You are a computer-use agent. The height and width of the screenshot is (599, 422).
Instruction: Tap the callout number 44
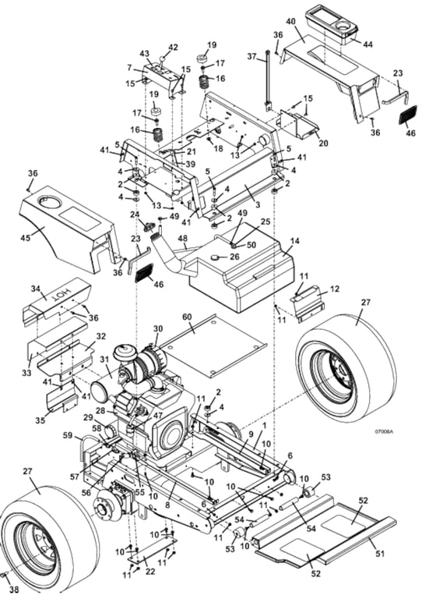click(368, 44)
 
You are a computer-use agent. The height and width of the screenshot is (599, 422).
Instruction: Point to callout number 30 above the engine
click(158, 328)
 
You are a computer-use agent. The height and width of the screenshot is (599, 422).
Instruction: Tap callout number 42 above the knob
click(173, 48)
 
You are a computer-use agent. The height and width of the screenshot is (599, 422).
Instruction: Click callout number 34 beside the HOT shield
click(35, 289)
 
